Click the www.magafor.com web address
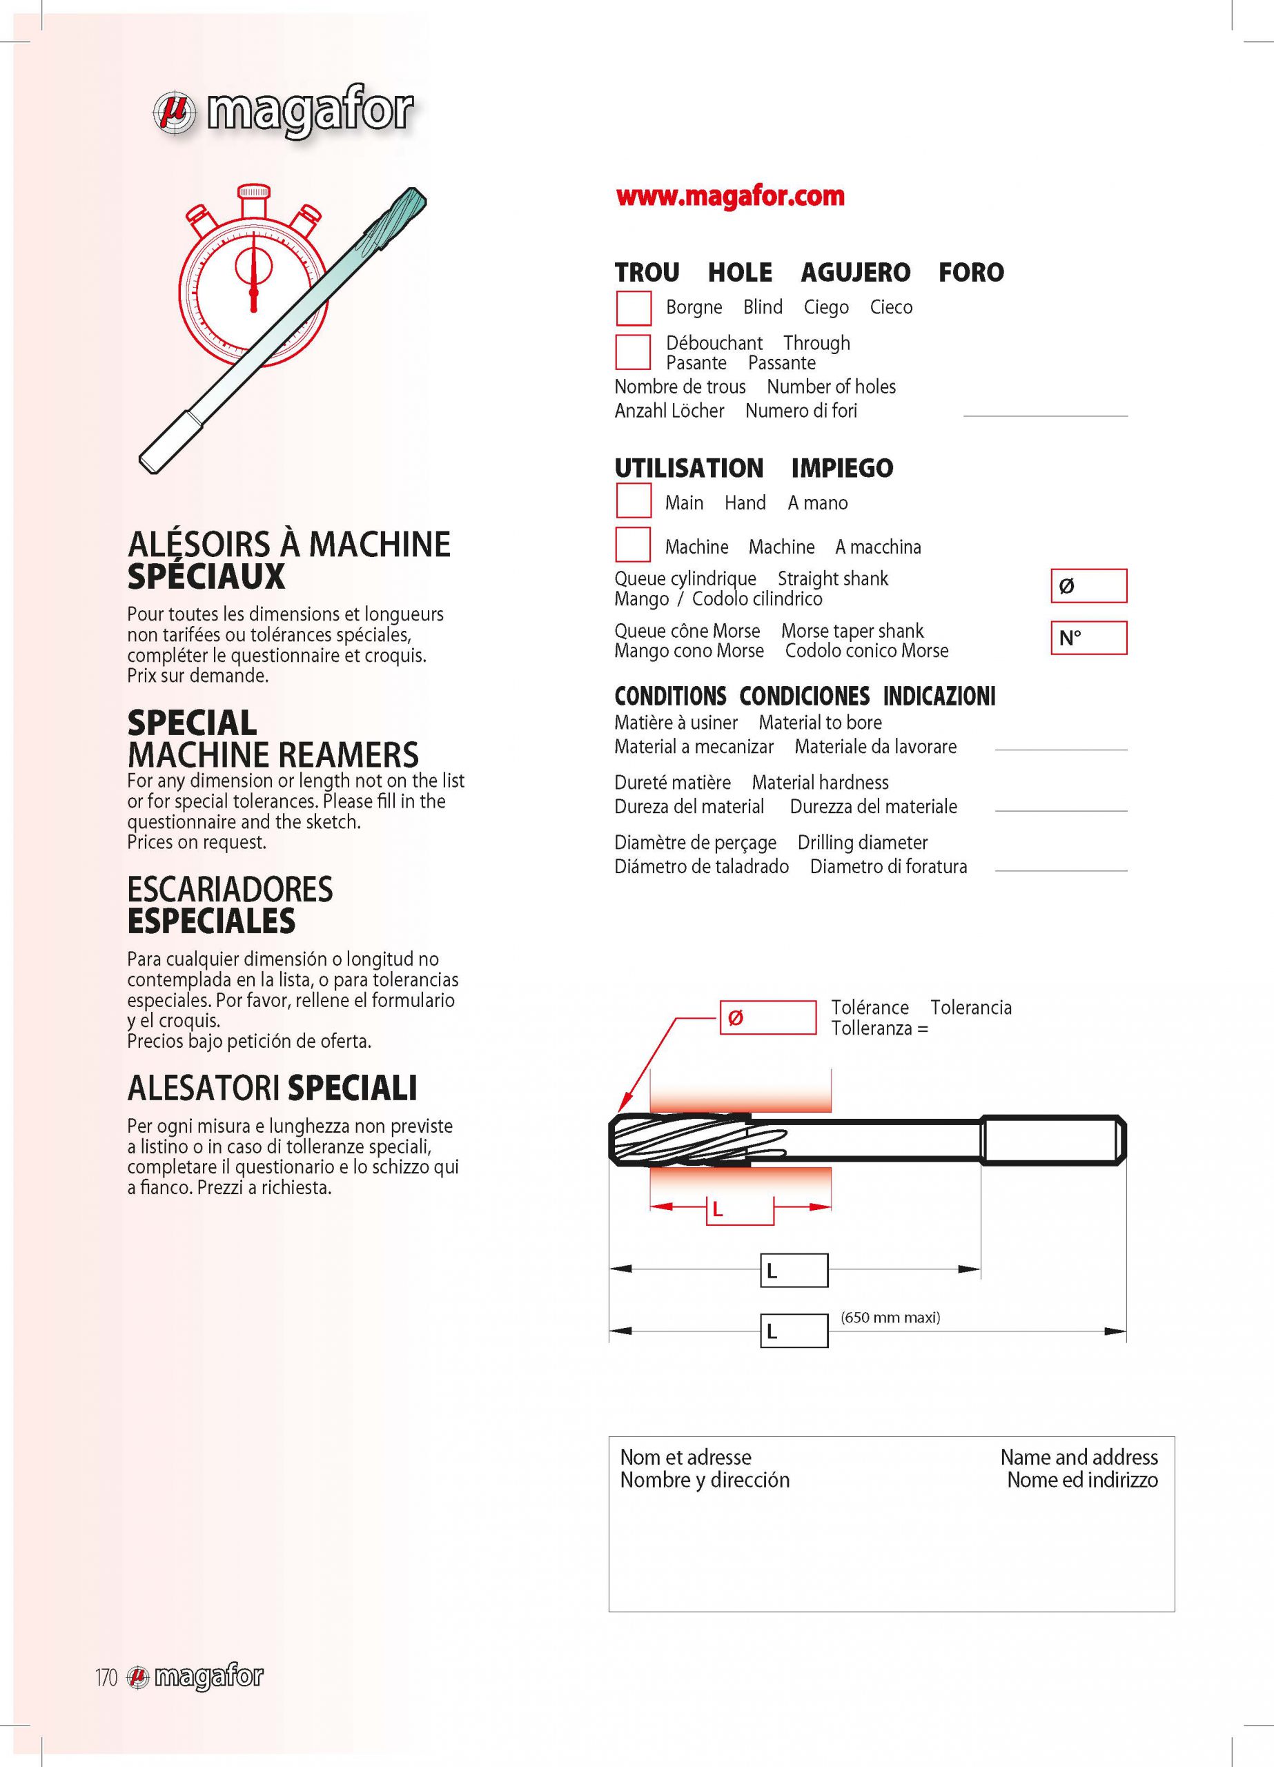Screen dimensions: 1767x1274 729,196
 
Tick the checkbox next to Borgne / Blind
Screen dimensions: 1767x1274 634,308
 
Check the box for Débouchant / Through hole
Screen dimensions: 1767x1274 634,352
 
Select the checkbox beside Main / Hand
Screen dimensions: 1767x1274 634,501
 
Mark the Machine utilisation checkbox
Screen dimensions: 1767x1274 634,545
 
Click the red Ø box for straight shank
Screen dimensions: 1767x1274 1088,586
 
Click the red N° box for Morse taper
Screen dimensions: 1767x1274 1088,638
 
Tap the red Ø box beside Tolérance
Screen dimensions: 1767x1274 767,1017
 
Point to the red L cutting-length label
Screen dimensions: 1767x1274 718,1210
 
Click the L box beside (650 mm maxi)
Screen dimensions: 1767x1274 793,1331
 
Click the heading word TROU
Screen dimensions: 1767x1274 647,273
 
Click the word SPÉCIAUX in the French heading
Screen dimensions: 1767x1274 206,577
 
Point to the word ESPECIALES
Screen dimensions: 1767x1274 211,921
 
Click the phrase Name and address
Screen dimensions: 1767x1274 1079,1457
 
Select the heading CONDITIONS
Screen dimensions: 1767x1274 669,696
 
